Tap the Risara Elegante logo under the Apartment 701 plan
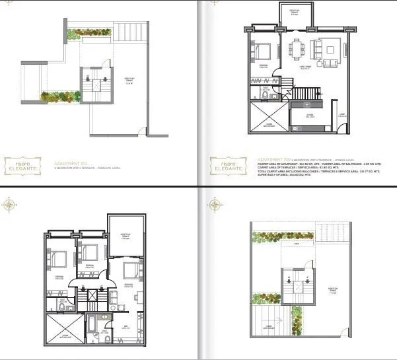[x=25, y=164]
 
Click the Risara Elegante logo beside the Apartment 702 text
[x=222, y=164]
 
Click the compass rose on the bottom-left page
[x=9, y=205]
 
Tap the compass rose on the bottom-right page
[x=213, y=205]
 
